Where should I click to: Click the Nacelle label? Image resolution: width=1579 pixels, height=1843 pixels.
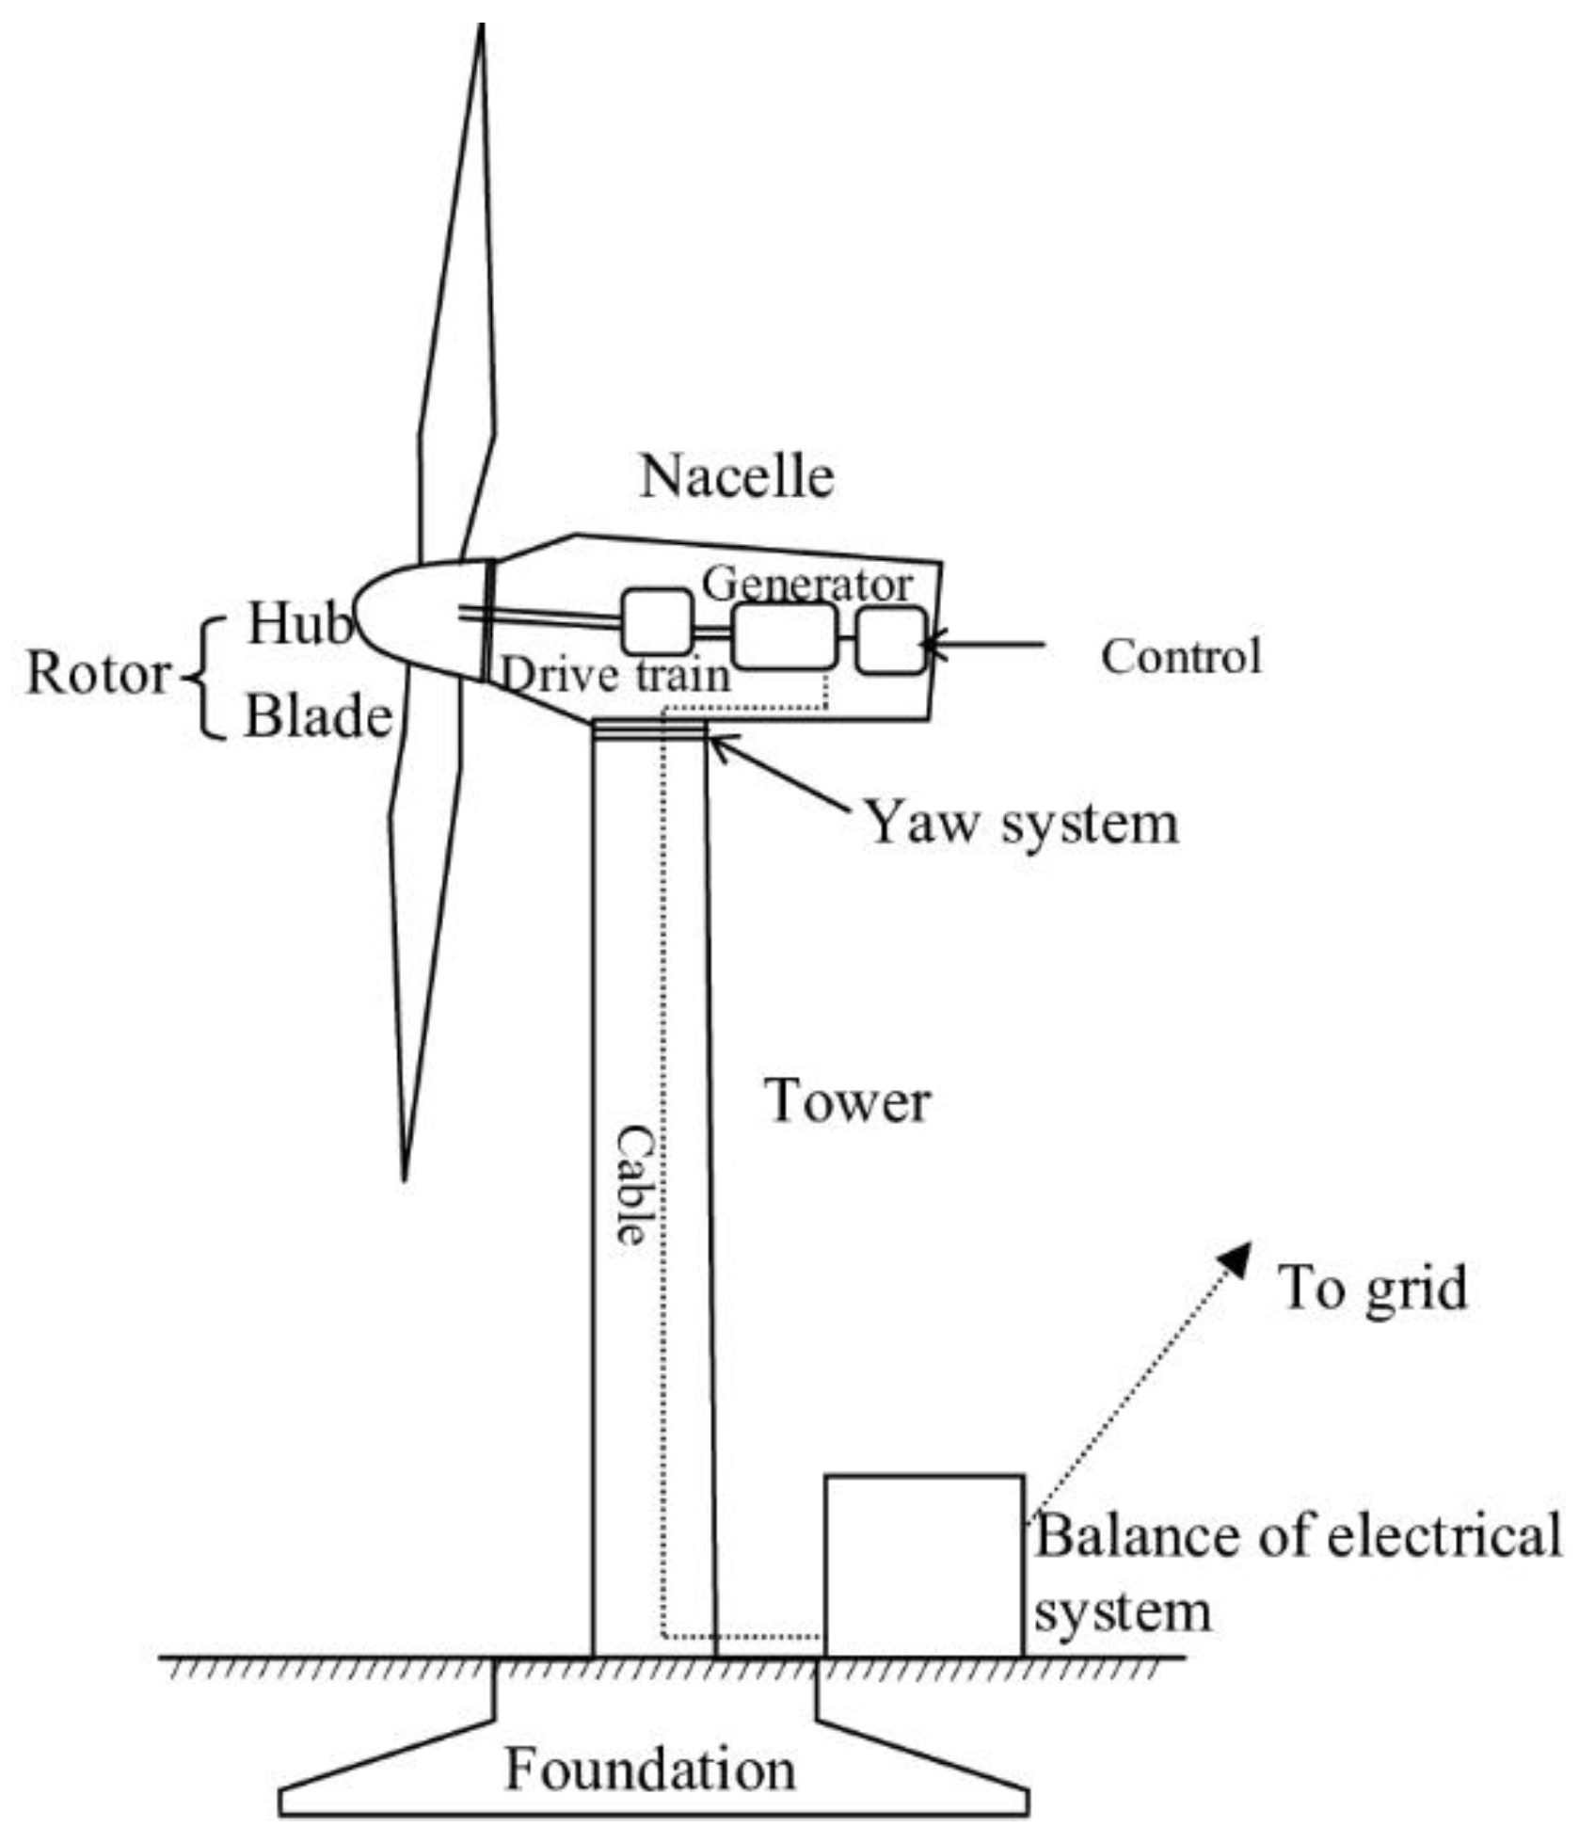coord(737,476)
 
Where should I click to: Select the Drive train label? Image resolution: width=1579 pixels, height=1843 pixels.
coord(615,675)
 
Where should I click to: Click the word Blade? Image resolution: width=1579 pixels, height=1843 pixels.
coord(318,717)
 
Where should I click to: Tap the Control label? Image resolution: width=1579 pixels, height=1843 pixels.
coord(1180,656)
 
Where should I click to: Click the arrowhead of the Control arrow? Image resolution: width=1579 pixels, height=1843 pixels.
coord(931,645)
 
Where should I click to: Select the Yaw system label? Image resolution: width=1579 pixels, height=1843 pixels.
coord(1021,823)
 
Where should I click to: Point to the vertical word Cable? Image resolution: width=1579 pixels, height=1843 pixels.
coord(633,1186)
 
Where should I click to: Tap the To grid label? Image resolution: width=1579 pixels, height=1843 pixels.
coord(1371,1288)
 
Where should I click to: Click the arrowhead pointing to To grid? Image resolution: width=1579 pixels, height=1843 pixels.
coord(1236,1256)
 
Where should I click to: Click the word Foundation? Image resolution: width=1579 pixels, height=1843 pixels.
coord(650,1769)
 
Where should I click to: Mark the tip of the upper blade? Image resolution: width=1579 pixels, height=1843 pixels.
coord(482,28)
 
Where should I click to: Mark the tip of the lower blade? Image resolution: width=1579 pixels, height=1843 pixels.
coord(405,1177)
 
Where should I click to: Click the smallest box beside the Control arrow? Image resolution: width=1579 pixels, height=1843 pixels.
coord(890,641)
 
